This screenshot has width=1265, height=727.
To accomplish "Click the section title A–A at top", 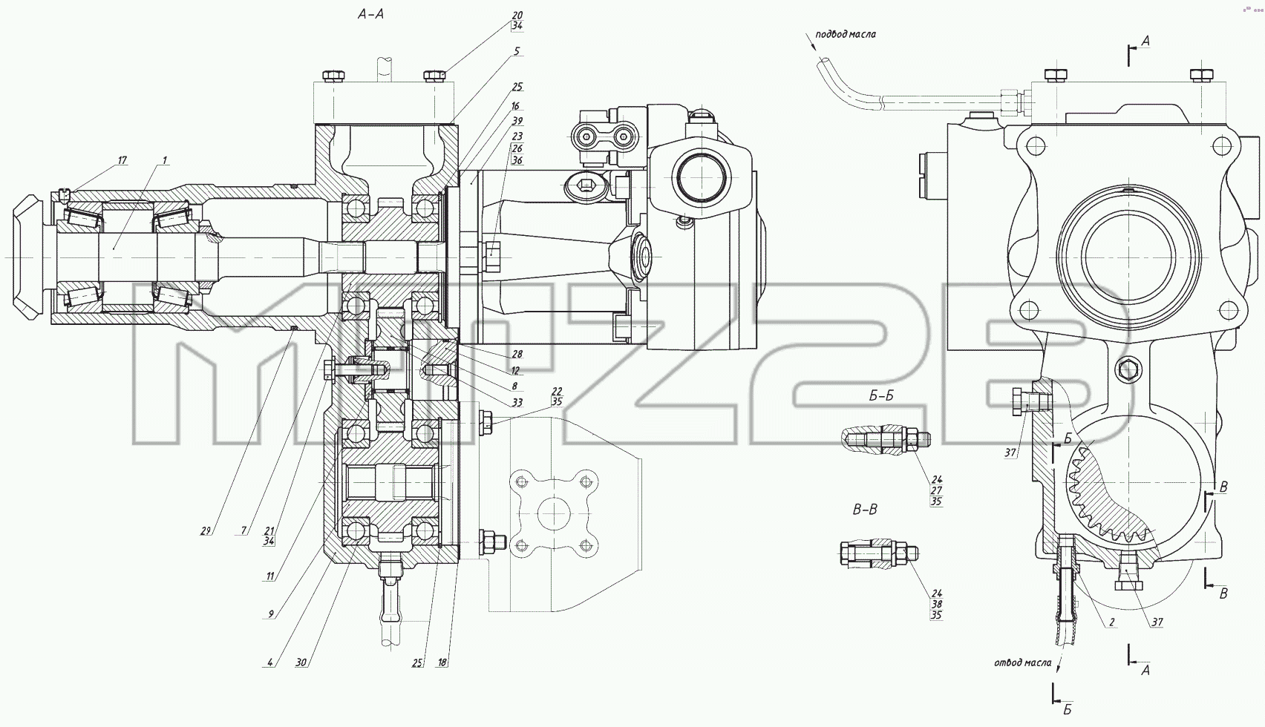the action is [x=371, y=14].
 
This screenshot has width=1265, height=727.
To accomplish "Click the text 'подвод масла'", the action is [x=846, y=34].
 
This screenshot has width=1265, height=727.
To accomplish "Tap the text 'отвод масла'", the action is [x=1023, y=662].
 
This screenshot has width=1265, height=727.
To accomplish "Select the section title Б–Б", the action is [x=881, y=395].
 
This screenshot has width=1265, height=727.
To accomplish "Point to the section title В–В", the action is [x=865, y=510].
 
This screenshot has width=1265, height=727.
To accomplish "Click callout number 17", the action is [x=122, y=161].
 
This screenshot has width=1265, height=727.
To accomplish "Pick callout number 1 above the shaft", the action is [x=165, y=161].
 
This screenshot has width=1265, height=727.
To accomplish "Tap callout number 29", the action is [x=205, y=530].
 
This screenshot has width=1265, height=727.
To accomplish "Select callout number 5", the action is [x=516, y=51].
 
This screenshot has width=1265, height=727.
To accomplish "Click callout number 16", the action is [x=515, y=106].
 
